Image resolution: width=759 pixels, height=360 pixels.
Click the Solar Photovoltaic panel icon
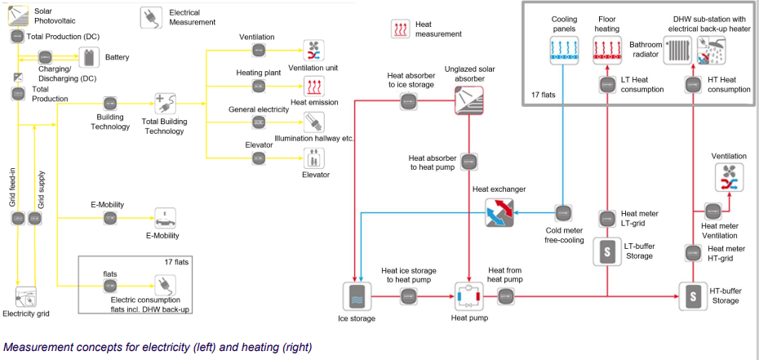pyautogui.click(x=18, y=13)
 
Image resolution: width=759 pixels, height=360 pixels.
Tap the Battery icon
pyautogui.click(x=89, y=58)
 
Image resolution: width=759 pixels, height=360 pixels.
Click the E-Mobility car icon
pyautogui.click(x=166, y=219)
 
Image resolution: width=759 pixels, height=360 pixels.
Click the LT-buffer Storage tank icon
pyautogui.click(x=607, y=251)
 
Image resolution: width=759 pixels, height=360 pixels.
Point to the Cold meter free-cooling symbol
pyautogui.click(x=563, y=213)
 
